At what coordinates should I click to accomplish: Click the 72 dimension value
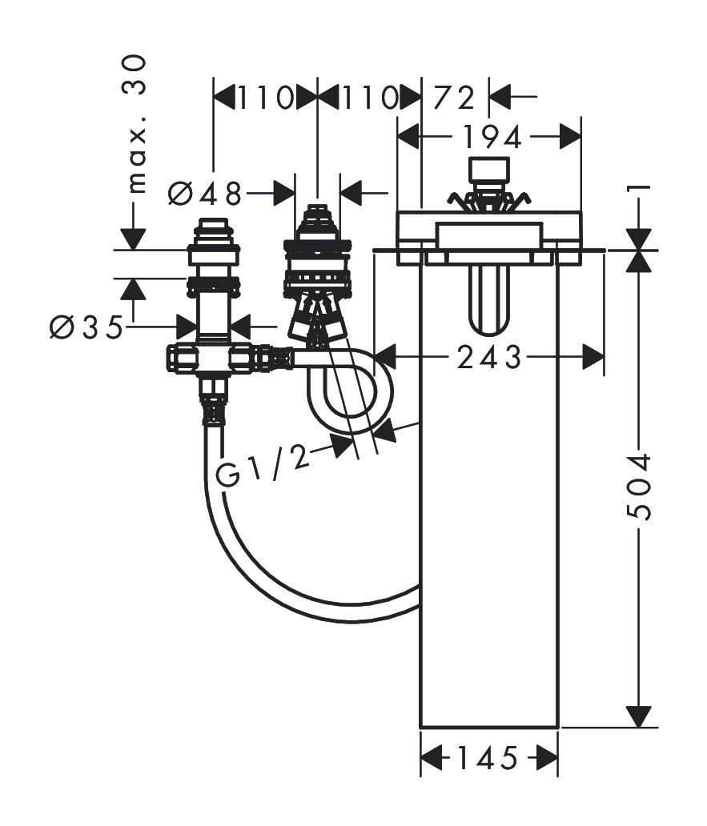click(x=455, y=98)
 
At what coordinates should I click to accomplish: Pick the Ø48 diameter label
click(x=206, y=192)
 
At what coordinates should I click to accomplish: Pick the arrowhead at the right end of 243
click(x=593, y=357)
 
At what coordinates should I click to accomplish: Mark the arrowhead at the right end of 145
click(x=547, y=757)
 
